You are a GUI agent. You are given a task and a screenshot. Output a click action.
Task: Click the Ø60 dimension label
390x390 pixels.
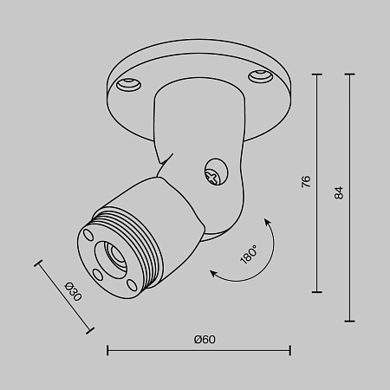[x=205, y=339]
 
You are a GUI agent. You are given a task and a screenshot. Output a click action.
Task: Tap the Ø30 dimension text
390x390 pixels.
[x=74, y=293]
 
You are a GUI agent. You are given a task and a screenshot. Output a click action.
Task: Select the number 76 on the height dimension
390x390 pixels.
[x=304, y=182]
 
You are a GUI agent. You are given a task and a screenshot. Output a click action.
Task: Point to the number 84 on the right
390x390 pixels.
[x=339, y=192]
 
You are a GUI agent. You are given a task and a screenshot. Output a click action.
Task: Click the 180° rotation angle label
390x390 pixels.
[x=249, y=253]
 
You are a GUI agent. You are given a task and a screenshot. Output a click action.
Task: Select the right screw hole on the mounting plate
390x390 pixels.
[x=259, y=76]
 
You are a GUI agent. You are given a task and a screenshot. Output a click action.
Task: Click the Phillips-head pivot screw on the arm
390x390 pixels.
[x=212, y=174]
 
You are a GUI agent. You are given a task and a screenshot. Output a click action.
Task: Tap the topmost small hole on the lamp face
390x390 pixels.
[x=88, y=232]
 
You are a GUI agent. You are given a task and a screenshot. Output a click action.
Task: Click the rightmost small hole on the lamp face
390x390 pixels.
[x=130, y=283]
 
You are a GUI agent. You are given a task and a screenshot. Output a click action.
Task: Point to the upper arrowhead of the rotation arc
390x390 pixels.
[x=266, y=224]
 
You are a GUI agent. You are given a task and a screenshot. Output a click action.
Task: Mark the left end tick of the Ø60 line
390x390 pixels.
[x=107, y=351]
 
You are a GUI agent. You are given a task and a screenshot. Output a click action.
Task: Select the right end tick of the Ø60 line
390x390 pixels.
[x=289, y=351]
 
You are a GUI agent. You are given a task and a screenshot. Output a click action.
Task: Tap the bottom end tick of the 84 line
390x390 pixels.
[x=351, y=320]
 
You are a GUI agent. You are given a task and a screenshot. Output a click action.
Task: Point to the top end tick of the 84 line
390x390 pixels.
[x=351, y=75]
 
